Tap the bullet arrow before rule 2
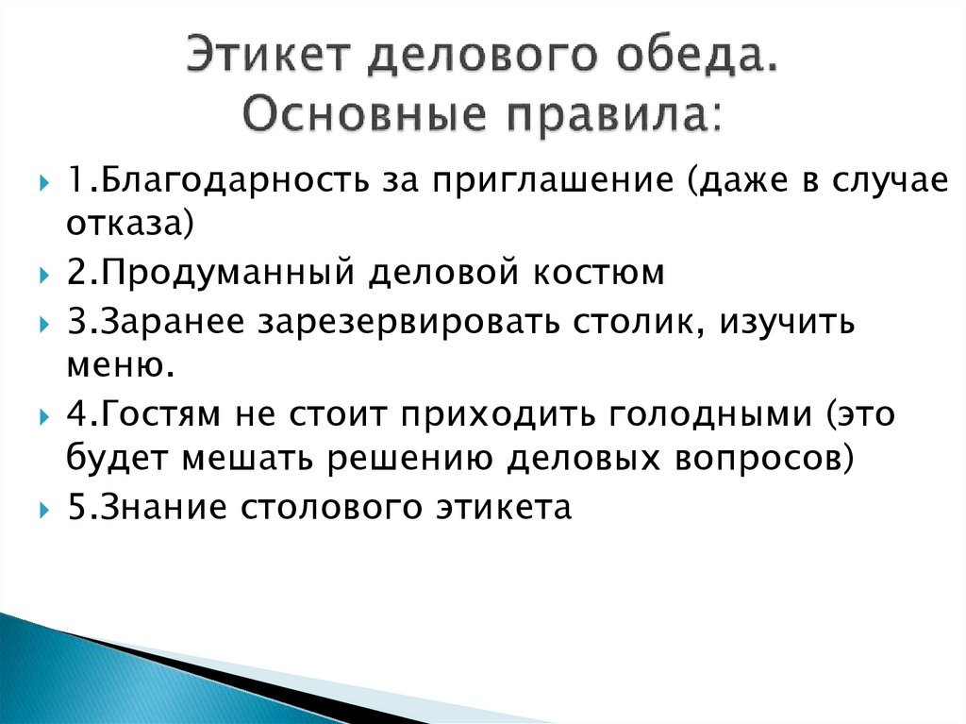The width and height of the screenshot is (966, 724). (x=44, y=275)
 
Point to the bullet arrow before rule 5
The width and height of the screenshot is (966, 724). (x=44, y=509)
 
